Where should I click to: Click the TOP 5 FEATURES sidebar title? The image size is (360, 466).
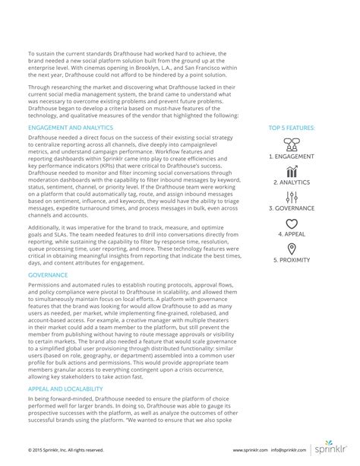pos(292,128)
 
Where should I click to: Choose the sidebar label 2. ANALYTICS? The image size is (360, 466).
pos(292,182)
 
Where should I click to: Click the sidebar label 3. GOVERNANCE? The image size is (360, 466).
pos(292,208)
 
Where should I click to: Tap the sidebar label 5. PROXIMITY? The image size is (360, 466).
pos(292,260)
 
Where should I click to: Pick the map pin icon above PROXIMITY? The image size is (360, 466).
pos(292,249)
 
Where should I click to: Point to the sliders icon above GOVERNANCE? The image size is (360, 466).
pos(292,196)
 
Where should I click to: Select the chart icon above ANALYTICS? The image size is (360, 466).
pos(292,170)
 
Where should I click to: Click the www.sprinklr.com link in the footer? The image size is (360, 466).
pos(254,449)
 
